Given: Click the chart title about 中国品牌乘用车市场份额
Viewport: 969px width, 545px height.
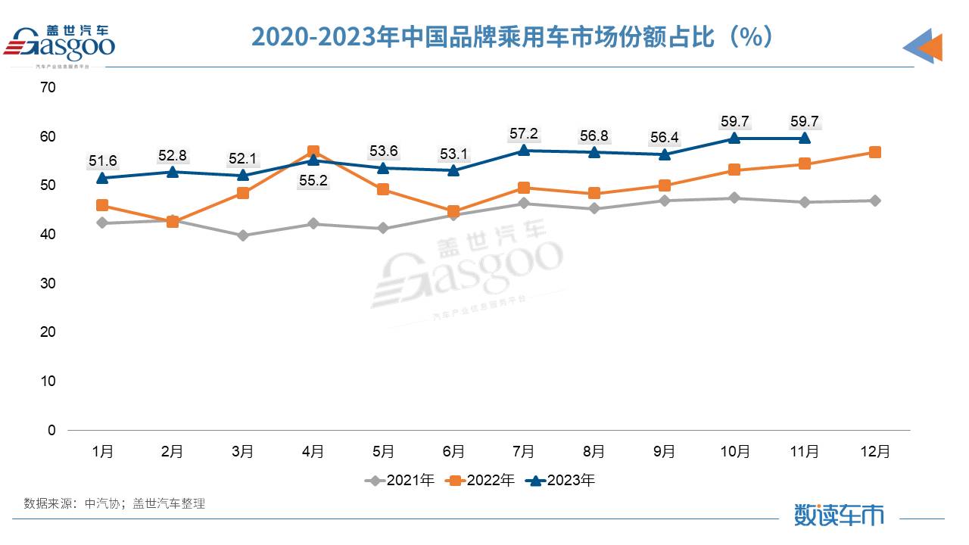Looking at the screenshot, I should click(x=513, y=36).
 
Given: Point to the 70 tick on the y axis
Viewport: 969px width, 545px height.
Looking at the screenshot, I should click(x=48, y=88).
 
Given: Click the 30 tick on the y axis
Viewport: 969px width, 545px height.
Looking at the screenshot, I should click(x=48, y=283).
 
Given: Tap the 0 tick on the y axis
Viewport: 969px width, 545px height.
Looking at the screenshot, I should click(x=51, y=430).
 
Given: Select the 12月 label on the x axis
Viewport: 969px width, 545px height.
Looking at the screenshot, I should click(x=875, y=452).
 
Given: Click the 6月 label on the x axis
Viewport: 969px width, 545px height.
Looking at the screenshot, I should click(x=453, y=452).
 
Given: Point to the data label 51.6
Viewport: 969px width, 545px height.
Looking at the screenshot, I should click(x=102, y=160).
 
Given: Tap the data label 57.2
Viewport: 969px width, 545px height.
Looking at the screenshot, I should click(x=524, y=134).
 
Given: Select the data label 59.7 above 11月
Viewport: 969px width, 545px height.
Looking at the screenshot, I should click(x=805, y=121).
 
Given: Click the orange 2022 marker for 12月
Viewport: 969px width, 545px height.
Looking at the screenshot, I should click(x=875, y=152).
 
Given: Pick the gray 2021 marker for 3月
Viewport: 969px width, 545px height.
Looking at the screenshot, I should click(x=243, y=235).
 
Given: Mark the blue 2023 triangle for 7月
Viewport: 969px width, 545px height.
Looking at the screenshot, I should click(x=524, y=150).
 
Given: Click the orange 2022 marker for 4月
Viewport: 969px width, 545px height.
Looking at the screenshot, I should click(x=313, y=151).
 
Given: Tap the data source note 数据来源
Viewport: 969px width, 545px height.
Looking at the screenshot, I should click(x=114, y=503).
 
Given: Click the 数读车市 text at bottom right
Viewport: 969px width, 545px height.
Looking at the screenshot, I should click(x=839, y=515).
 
